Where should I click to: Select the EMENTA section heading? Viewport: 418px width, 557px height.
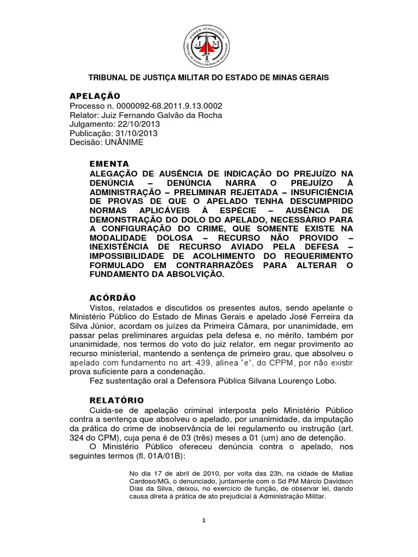tap(109, 163)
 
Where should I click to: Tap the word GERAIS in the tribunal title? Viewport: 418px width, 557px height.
tap(313, 78)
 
